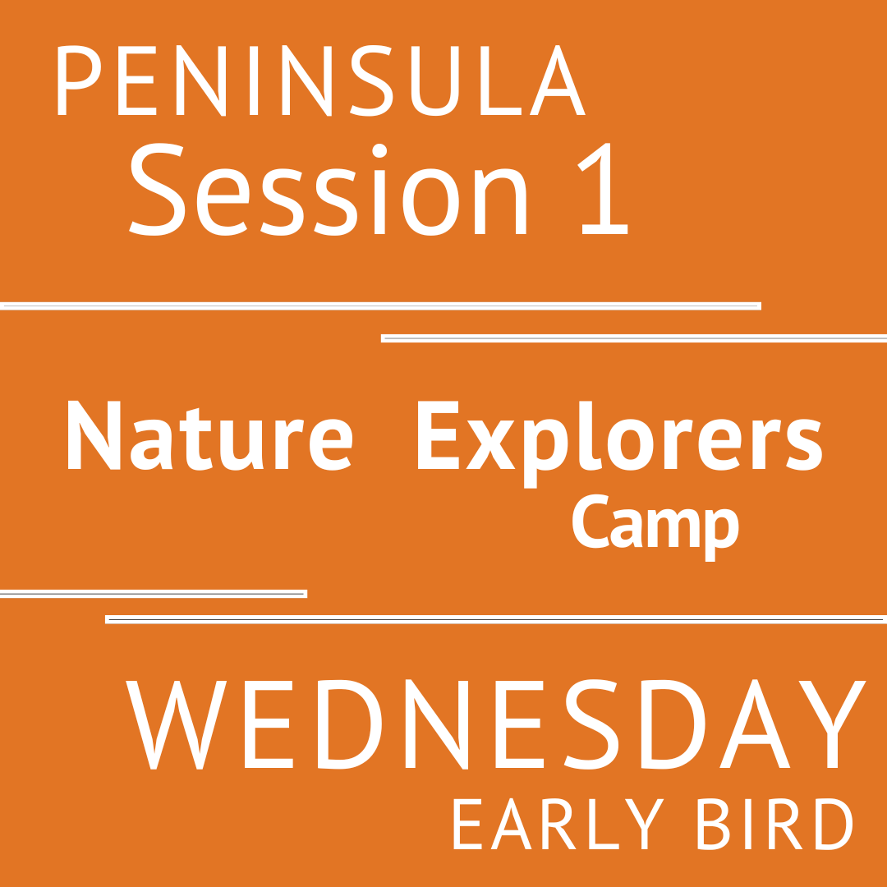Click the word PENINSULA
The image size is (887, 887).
coord(320,80)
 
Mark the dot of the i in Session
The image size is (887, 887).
coord(379,150)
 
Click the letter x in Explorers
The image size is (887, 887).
coord(490,444)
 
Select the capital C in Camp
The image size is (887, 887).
coord(590,522)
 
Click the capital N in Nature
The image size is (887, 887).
coord(94,435)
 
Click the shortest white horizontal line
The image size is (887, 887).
coord(153,594)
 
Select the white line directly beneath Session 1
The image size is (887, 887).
coord(380,306)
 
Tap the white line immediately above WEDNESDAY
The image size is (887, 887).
coord(496,619)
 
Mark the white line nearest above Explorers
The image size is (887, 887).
coord(634,338)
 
